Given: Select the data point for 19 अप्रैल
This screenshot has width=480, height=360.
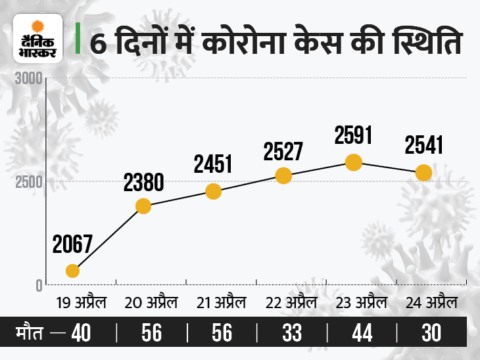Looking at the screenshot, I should (73, 271).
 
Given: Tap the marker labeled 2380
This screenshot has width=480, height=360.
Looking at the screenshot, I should (143, 206).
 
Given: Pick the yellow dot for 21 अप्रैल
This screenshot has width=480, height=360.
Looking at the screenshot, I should (214, 191).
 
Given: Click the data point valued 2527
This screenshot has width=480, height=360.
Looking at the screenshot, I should (283, 175).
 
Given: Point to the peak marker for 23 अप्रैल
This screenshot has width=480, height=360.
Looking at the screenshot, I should (354, 162).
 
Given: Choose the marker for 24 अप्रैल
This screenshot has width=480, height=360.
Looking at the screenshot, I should (423, 173).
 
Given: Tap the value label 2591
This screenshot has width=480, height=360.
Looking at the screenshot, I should (354, 135).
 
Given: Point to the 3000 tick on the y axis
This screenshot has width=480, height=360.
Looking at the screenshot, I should (29, 79).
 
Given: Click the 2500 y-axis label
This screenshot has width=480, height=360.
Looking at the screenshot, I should (29, 181).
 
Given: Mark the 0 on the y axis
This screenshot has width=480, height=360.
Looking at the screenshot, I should (39, 285).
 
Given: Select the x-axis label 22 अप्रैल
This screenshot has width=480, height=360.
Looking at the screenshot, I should (291, 304).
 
